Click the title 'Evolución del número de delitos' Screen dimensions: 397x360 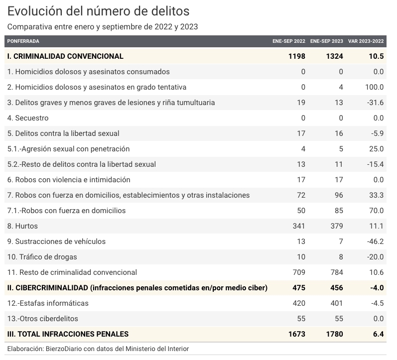(x=98, y=11)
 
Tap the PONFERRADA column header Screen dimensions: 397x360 (x=23, y=41)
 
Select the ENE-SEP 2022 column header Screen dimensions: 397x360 (x=289, y=41)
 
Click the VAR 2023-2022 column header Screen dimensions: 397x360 (x=366, y=41)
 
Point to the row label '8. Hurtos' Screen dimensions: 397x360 (x=22, y=226)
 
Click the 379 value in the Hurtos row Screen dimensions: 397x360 (x=337, y=226)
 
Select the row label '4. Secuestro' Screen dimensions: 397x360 (x=28, y=118)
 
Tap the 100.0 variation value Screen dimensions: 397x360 (x=374, y=87)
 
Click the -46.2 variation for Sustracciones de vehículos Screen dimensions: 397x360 (x=375, y=241)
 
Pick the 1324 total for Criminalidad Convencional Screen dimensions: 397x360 (x=334, y=56)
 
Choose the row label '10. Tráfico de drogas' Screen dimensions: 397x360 (x=42, y=257)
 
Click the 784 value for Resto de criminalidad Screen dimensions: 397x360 (x=337, y=272)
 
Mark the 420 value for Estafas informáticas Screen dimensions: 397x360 (x=299, y=303)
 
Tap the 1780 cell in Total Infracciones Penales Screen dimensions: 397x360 (x=334, y=334)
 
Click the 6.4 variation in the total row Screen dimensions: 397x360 (x=378, y=334)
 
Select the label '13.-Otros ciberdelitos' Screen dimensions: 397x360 (x=42, y=319)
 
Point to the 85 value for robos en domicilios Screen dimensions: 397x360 (x=339, y=211)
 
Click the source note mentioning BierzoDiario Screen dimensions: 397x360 (x=98, y=349)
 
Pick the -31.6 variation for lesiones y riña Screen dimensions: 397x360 (x=375, y=103)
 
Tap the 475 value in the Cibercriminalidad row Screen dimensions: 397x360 (x=299, y=288)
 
